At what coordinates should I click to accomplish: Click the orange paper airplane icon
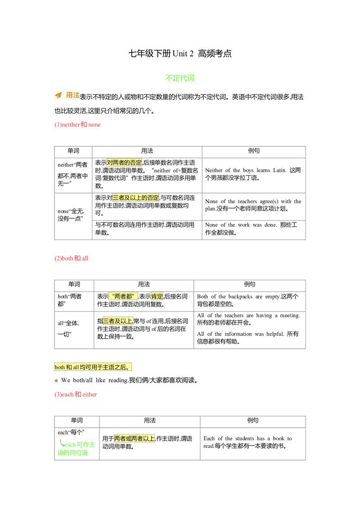(58, 95)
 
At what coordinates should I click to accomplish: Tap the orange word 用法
(73, 95)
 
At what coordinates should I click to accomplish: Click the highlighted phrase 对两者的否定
(124, 163)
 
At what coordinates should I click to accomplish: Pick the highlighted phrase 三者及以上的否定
(136, 198)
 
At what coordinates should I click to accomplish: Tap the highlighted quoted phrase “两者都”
(123, 296)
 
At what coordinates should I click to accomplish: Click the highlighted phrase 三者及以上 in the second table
(117, 321)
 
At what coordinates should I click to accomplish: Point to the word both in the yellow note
(60, 367)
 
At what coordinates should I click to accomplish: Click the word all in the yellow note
(76, 367)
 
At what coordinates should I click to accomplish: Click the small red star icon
(57, 381)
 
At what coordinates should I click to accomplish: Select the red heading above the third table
(75, 395)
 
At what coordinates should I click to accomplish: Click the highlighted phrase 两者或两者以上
(135, 438)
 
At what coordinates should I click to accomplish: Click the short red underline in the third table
(63, 436)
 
